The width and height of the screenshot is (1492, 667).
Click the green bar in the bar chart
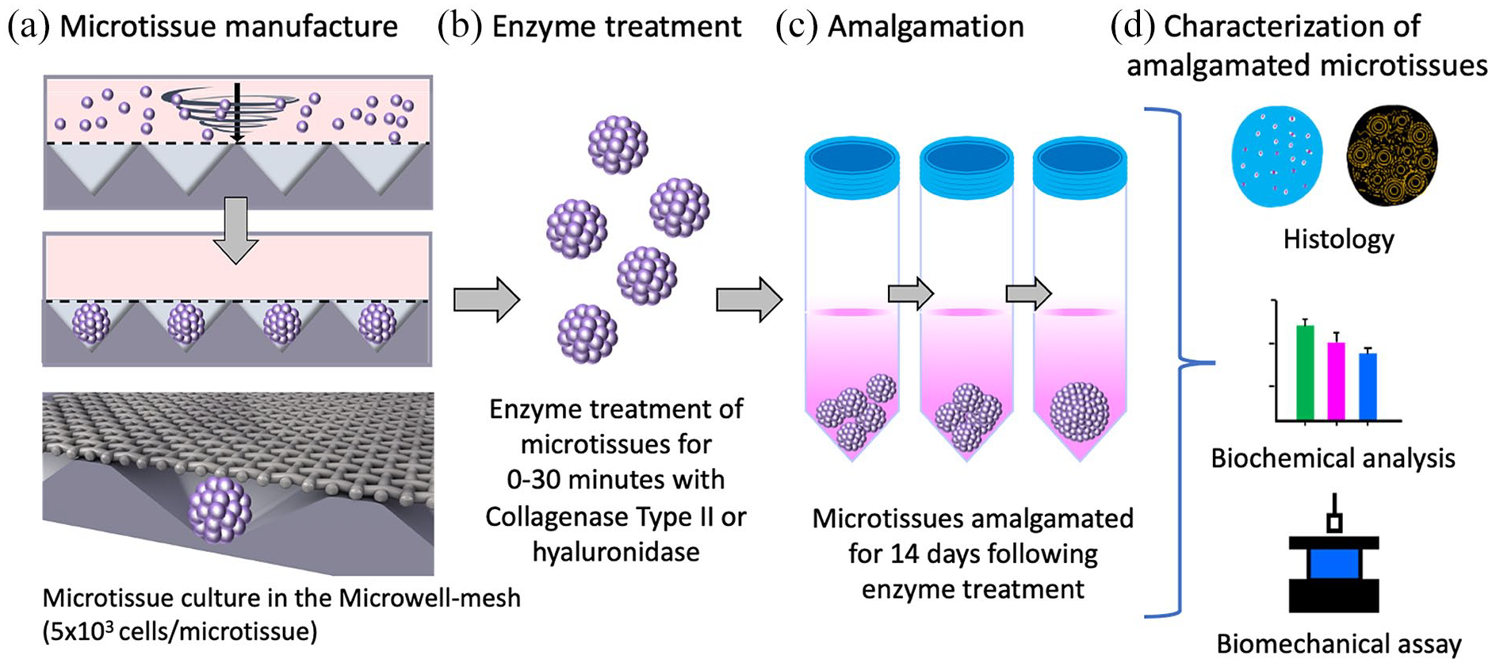coord(1305,372)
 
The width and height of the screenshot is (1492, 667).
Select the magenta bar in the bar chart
coord(1337,381)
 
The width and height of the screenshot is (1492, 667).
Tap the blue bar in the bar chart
coord(1368,386)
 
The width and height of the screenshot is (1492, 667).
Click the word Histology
coord(1338,240)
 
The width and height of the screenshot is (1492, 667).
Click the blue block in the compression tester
coord(1334,564)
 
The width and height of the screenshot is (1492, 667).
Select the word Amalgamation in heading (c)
coord(926,27)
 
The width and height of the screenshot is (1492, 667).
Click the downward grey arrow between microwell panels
coord(235,230)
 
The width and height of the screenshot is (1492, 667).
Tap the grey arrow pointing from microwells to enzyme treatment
coord(487,300)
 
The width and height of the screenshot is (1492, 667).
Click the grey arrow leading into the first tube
coord(749,300)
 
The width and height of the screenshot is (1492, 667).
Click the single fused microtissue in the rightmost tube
coord(1079,411)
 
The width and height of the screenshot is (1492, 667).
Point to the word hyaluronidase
coord(616,551)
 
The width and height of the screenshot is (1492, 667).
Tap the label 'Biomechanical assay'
coord(1339,644)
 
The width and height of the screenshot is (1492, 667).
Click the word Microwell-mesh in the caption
coord(430,597)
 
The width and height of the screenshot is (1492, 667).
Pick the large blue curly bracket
coord(1180,363)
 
